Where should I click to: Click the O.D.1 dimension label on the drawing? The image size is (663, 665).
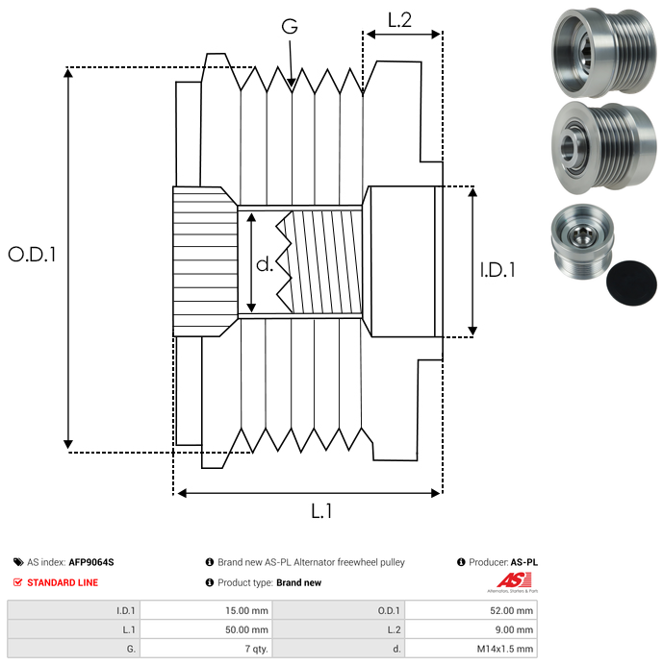tap(33, 255)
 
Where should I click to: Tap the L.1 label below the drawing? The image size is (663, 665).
tap(321, 512)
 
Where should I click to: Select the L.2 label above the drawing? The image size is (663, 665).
tap(399, 19)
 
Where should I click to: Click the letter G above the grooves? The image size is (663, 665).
tap(290, 27)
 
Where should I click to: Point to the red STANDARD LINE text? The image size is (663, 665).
tap(63, 582)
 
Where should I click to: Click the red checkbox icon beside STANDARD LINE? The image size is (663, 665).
tap(17, 582)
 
